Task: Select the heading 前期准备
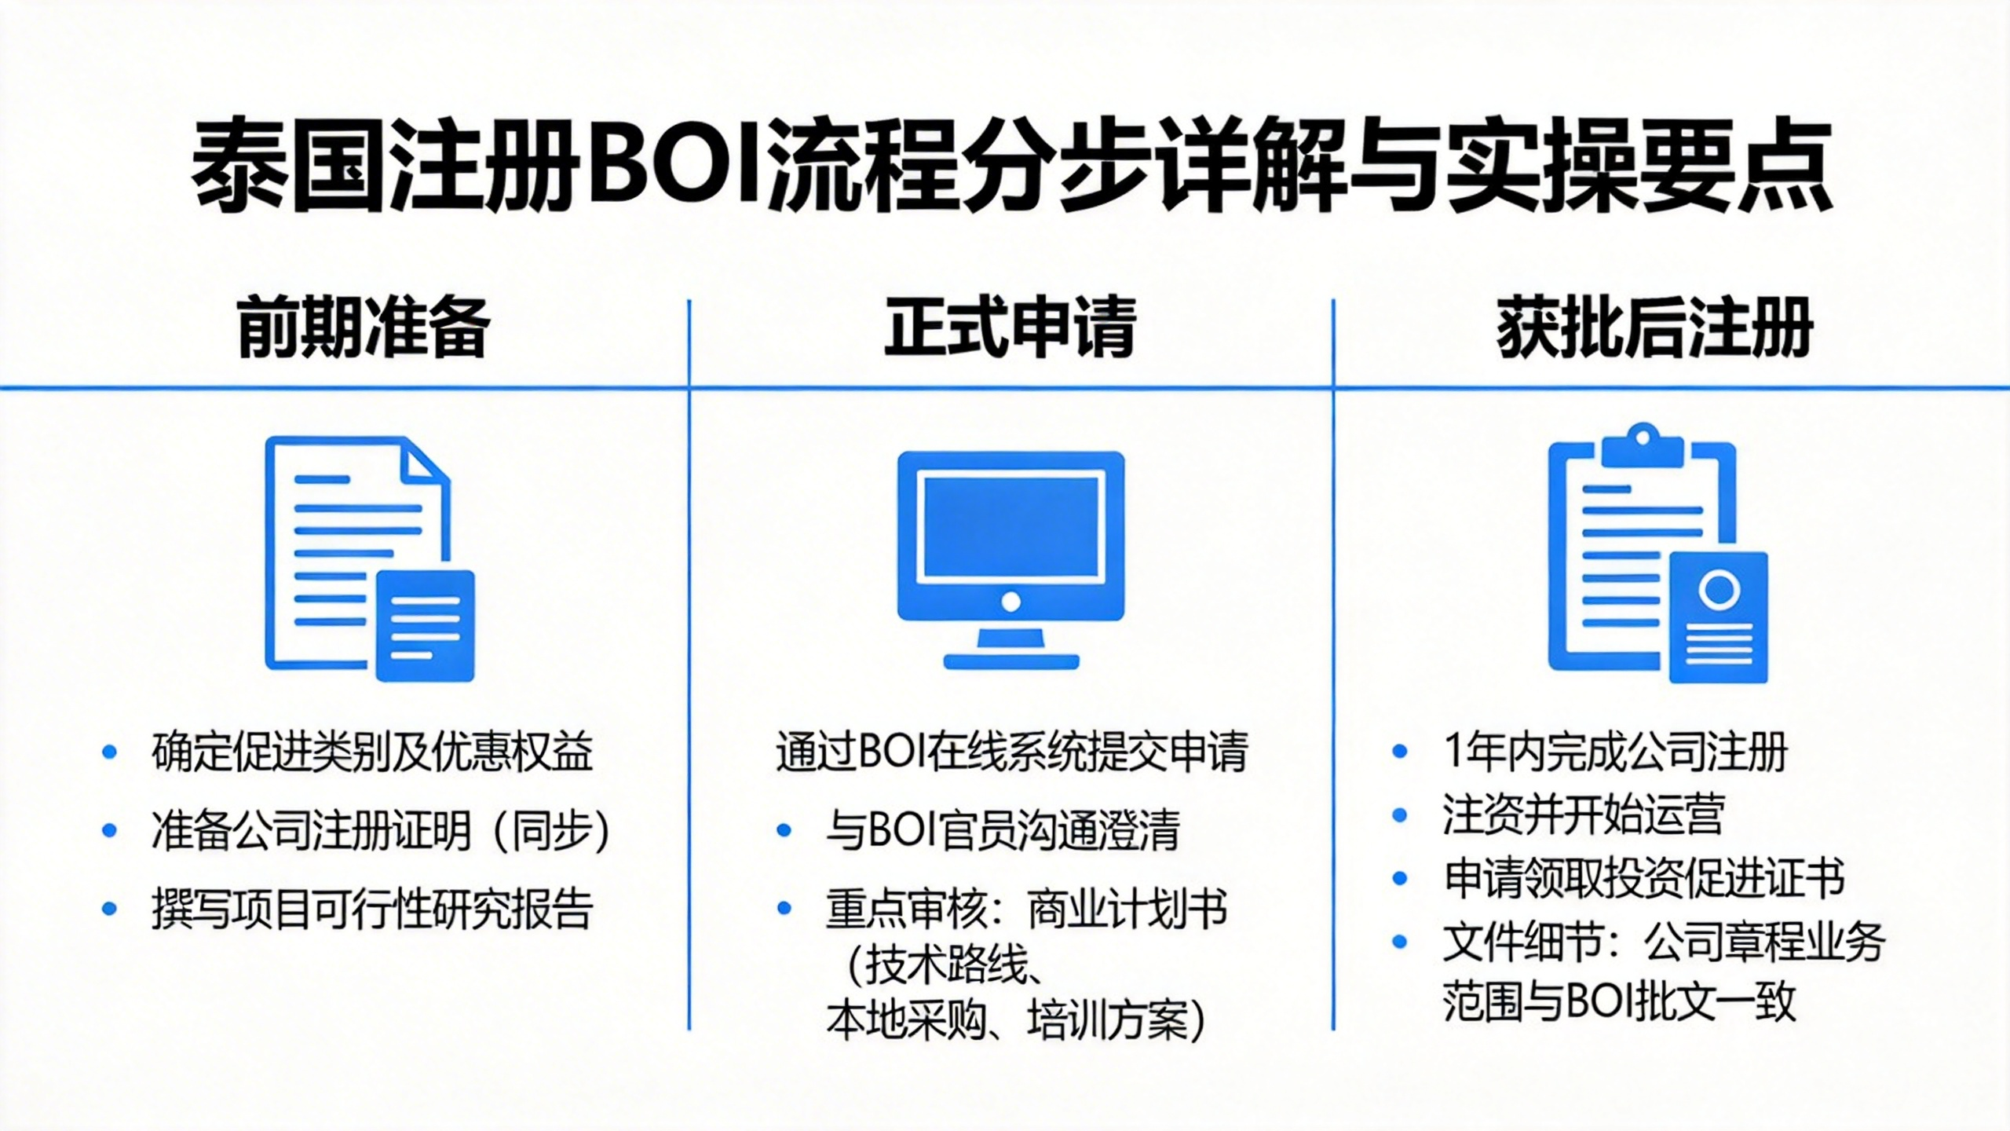364,328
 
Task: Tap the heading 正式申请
1010,328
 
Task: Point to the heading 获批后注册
1654,328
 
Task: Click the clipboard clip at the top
1643,446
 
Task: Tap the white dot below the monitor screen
1011,602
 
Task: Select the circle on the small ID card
1719,589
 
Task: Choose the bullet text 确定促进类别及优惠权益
371,752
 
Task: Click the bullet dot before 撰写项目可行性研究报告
109,909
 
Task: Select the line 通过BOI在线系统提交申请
1011,752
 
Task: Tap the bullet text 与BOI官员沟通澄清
1003,830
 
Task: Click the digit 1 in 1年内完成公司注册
1453,752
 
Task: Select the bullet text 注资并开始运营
1584,814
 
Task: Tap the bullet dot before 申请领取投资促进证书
1399,877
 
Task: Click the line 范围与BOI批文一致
1620,1003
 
